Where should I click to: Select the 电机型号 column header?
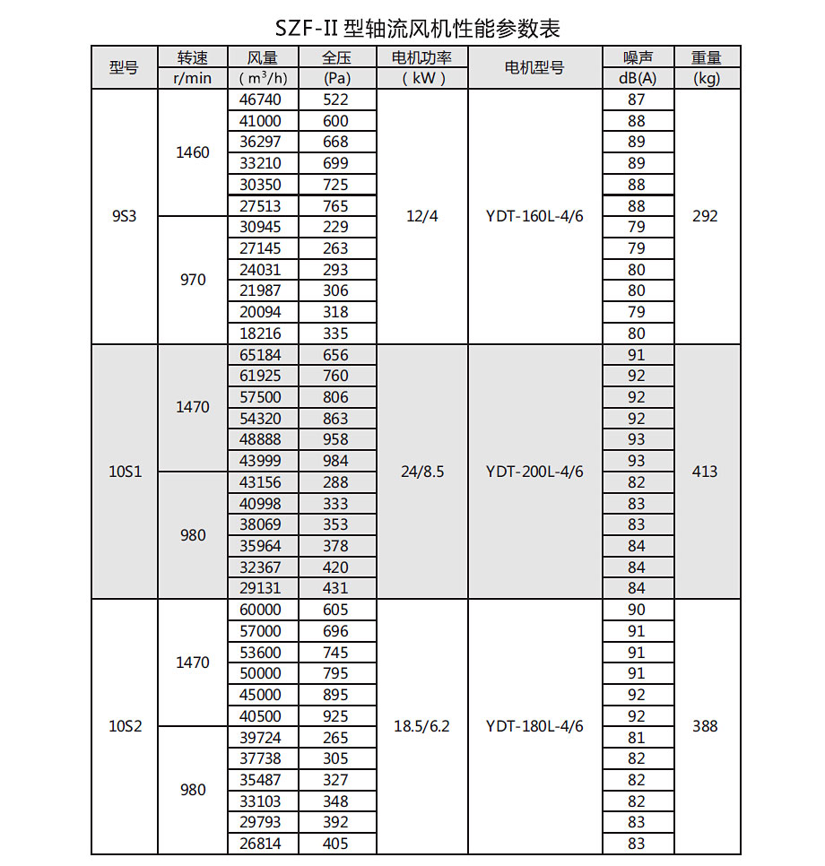coord(534,67)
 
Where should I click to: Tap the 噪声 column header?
coord(638,57)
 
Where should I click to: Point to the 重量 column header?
coord(707,57)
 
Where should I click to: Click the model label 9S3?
coord(124,216)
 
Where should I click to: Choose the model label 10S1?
coord(126,472)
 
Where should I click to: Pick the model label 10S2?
coord(126,726)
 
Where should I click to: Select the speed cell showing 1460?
coord(193,152)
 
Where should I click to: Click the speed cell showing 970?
coord(193,280)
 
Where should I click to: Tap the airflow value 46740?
coord(261,100)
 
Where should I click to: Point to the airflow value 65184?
coord(261,355)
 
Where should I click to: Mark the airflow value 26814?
coord(261,844)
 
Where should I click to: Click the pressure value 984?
coord(335,461)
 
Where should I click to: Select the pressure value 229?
coord(335,227)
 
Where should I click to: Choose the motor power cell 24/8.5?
coord(421,472)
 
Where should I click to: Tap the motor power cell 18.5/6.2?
coord(421,726)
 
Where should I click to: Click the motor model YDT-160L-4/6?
coord(534,216)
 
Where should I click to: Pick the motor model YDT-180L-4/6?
coord(534,726)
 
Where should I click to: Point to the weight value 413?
coord(706,472)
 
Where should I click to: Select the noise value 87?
coord(637,100)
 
